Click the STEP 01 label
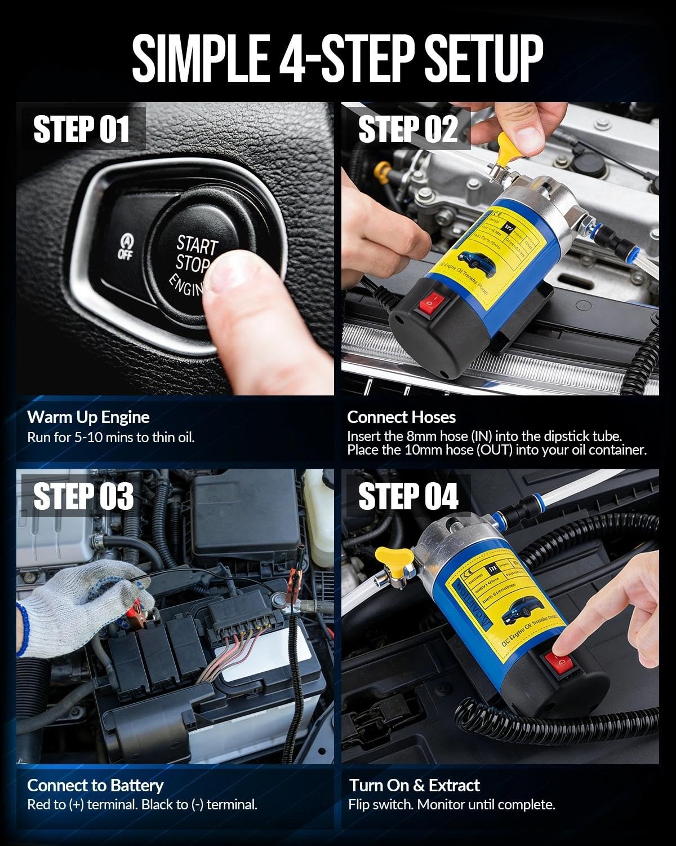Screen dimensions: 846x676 [x=82, y=129]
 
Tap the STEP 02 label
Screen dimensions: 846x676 [x=407, y=129]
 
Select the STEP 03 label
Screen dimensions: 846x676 [x=83, y=496]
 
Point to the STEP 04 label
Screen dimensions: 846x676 [x=408, y=496]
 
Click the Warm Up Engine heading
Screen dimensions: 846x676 [x=88, y=417]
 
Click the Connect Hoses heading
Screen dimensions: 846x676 [x=401, y=417]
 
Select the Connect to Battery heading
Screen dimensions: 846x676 [x=95, y=785]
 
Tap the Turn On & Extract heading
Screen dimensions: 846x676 [x=414, y=785]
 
